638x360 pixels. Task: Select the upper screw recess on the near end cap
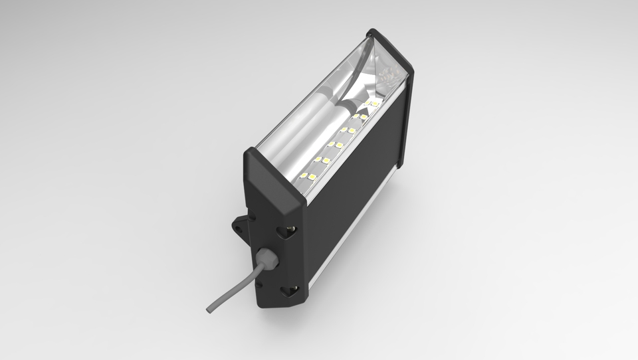click(x=289, y=230)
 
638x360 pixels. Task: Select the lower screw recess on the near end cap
click(x=288, y=290)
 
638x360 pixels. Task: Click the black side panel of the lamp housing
click(x=352, y=193)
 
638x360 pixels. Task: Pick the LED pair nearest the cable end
click(x=308, y=176)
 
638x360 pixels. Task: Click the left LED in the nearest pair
click(x=304, y=175)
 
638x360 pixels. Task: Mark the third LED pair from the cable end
click(x=335, y=143)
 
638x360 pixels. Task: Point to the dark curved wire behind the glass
click(x=362, y=53)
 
